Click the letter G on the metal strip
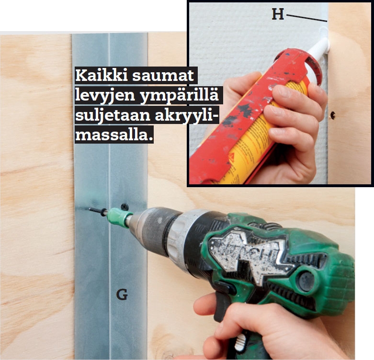[x=122, y=294]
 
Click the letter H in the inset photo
[x=278, y=14]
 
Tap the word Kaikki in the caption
[x=102, y=76]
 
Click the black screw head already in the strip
[x=125, y=206]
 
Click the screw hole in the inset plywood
[x=332, y=115]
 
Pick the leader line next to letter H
[x=306, y=18]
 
